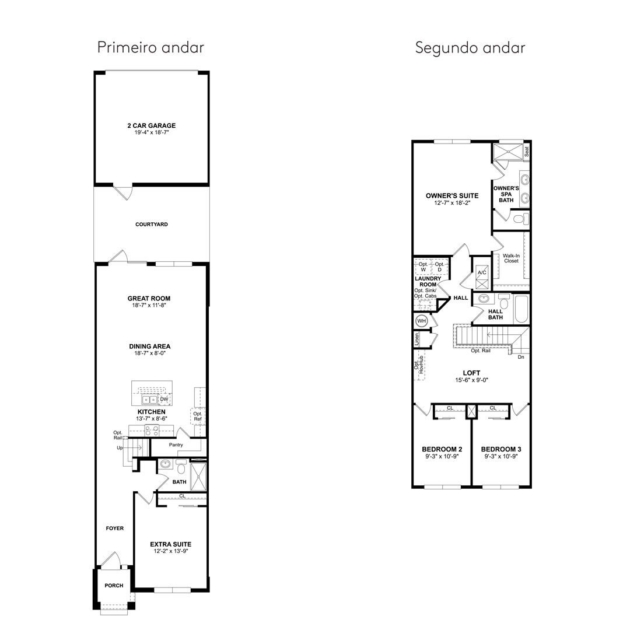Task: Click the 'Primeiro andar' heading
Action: click(x=150, y=47)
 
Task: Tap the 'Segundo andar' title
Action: click(x=470, y=48)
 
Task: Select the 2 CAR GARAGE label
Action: click(x=152, y=125)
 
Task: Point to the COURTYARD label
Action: click(x=152, y=224)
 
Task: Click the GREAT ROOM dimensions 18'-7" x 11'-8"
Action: click(x=149, y=305)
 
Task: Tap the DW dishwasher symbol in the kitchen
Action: click(x=164, y=399)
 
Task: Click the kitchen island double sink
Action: click(x=149, y=400)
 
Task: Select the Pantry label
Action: click(x=176, y=444)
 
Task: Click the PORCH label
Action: click(x=114, y=586)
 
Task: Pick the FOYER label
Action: click(x=115, y=528)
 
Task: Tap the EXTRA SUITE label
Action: click(x=171, y=544)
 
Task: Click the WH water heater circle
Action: click(x=422, y=321)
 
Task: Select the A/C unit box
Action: click(x=482, y=277)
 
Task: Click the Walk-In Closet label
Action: click(x=511, y=258)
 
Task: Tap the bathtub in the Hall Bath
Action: click(x=521, y=309)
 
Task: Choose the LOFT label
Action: click(x=471, y=373)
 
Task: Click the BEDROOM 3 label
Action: click(x=501, y=449)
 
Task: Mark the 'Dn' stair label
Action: click(x=521, y=357)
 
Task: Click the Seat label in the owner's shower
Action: click(x=527, y=152)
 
